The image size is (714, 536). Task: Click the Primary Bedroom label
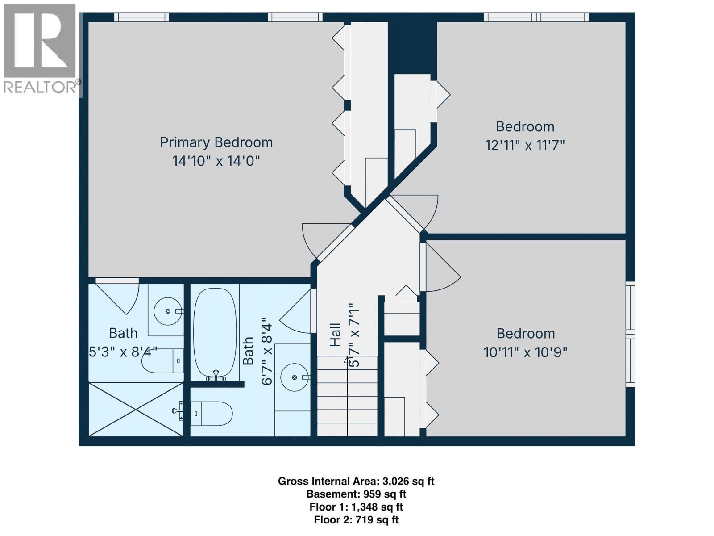tap(216, 142)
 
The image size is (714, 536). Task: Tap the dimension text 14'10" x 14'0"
tap(216, 161)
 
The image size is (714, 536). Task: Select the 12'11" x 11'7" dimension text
tap(525, 145)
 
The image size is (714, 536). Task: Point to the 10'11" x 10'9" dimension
tap(525, 352)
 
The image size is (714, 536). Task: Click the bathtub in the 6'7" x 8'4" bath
tap(215, 333)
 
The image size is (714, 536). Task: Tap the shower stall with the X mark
tap(136, 409)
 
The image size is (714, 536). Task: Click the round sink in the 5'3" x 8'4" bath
tap(167, 311)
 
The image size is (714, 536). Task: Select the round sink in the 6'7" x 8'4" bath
tap(294, 377)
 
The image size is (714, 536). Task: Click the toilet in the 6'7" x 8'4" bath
tap(212, 414)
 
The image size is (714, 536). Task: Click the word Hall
tap(335, 335)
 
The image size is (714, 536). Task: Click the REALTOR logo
tap(40, 49)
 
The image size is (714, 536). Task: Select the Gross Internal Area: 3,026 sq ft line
tap(356, 481)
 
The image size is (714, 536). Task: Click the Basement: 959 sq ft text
tap(356, 494)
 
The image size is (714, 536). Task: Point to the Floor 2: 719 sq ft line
tap(356, 520)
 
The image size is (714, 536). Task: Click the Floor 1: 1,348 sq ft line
tap(356, 507)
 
